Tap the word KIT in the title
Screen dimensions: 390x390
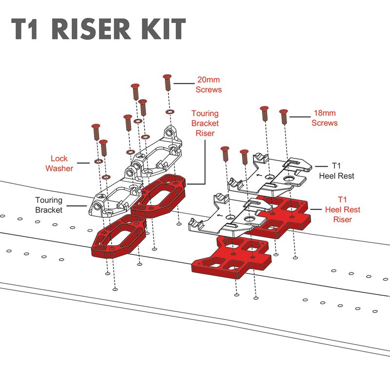(164, 30)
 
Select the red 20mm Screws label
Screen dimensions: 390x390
(209, 84)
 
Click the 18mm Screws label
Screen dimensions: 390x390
(324, 117)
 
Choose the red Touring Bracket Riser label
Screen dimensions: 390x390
(205, 122)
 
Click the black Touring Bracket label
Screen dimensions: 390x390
(49, 205)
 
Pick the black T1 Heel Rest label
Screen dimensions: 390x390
(336, 171)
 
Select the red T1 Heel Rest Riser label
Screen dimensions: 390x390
(343, 210)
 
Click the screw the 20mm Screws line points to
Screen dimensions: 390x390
(168, 81)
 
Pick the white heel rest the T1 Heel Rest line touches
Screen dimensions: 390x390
(288, 168)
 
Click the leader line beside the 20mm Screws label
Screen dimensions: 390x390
(184, 84)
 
